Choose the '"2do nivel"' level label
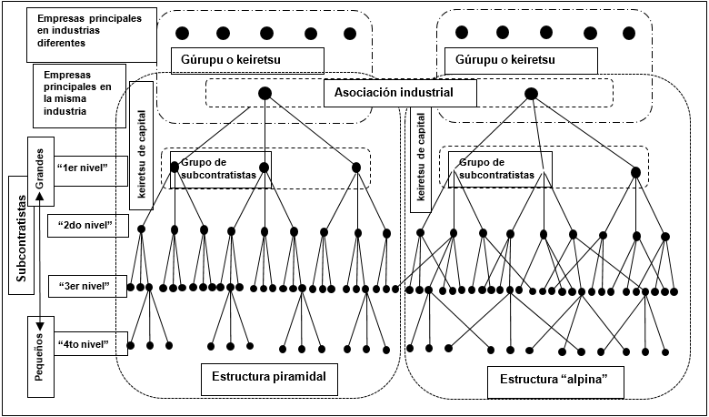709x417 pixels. [x=83, y=224]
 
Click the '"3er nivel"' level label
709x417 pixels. [x=83, y=286]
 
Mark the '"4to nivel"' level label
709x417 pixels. [x=83, y=344]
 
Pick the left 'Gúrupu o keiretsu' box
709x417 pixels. [x=247, y=60]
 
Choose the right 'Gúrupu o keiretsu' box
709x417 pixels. [x=521, y=60]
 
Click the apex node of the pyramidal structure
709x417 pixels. [x=265, y=93]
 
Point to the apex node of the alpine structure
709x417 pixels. [x=531, y=93]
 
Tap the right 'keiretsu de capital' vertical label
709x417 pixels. [x=421, y=154]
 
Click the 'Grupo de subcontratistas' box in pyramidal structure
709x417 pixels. [x=220, y=169]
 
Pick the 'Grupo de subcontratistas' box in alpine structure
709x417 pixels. [x=500, y=169]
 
